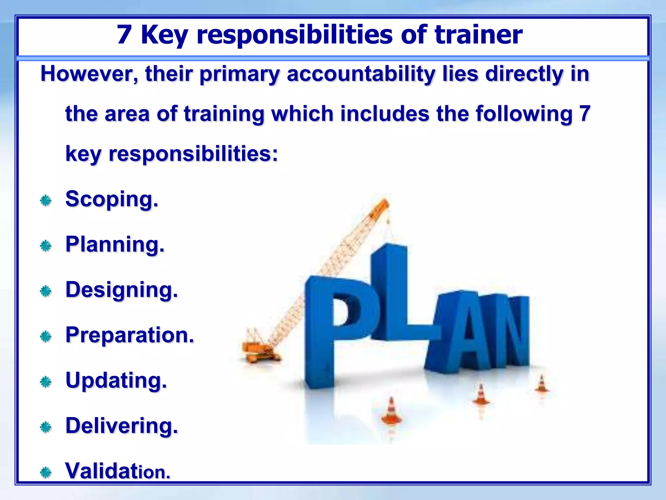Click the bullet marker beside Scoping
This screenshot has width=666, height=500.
coord(46,201)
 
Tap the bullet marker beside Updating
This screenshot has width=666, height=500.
coord(46,382)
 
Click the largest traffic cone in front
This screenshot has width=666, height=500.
coord(391,412)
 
